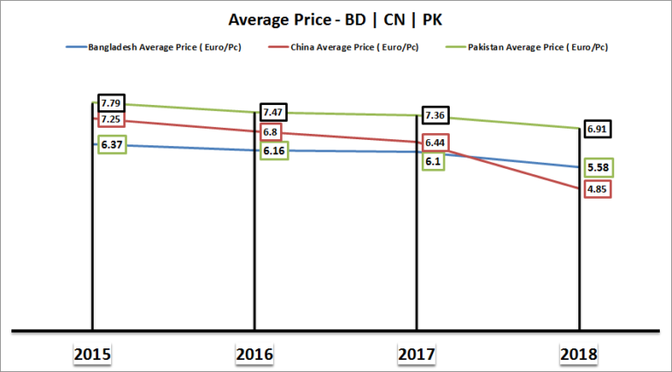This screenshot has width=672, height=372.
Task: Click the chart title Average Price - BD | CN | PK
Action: coord(335,18)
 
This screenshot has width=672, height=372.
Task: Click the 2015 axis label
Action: coord(92,354)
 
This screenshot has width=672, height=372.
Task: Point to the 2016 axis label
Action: coord(255,354)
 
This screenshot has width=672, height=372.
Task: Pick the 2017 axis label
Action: coord(416,354)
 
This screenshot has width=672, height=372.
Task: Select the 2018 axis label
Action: coord(579,354)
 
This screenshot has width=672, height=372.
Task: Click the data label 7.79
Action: coord(111,103)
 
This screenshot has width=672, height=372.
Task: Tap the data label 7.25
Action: coord(111,119)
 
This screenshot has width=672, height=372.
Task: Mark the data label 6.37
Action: coord(111,144)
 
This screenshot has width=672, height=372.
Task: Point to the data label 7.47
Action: coord(275,113)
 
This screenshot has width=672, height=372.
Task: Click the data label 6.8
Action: coord(271,133)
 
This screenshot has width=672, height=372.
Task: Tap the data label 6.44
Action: coord(435,142)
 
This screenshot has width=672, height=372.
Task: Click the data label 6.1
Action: coord(432,161)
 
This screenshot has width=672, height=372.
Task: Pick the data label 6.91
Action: coord(598,129)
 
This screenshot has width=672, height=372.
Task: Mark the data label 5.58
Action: coord(598,166)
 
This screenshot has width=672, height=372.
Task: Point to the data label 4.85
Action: coord(598,188)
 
